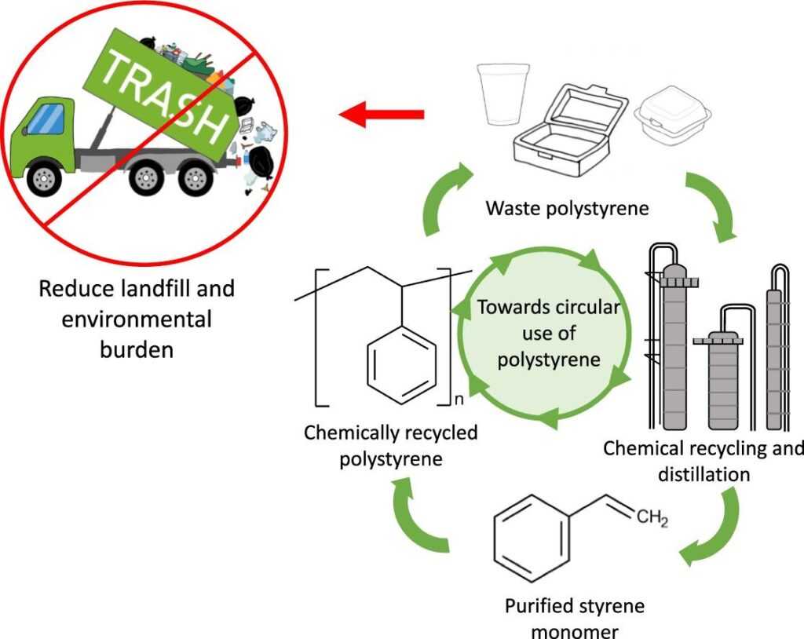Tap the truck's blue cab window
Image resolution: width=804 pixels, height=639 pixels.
[45, 119]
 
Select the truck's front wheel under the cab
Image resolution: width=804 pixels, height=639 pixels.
[44, 179]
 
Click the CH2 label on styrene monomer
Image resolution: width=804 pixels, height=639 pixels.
[652, 519]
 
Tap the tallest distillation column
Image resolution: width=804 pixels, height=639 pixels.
[674, 345]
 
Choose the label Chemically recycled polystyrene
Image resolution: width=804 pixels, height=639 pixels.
[390, 445]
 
